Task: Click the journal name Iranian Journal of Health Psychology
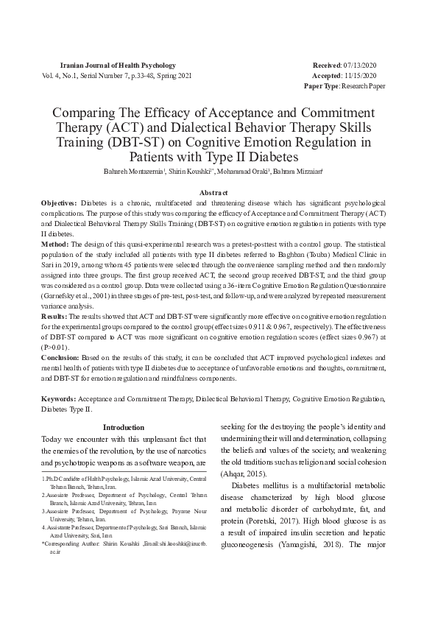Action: click(x=117, y=66)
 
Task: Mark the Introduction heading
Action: click(x=123, y=427)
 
